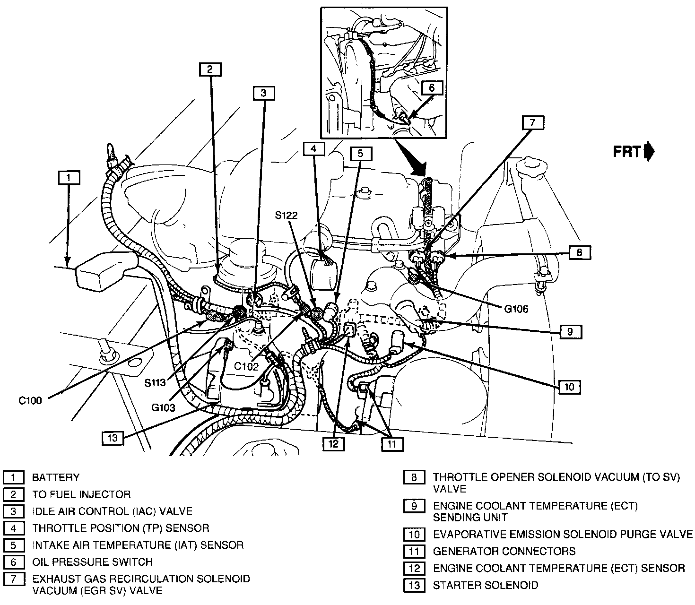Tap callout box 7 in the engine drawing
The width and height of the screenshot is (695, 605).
(533, 122)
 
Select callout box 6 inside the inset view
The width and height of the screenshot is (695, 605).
(431, 87)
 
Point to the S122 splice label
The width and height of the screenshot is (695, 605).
(287, 215)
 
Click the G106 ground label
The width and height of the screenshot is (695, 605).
(516, 310)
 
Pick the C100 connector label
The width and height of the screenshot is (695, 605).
(30, 401)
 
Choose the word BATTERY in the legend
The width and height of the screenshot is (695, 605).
(56, 477)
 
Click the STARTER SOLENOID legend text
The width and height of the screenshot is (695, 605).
(486, 585)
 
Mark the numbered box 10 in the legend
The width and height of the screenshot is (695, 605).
(414, 535)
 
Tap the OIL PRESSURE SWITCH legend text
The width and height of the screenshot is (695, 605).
(93, 562)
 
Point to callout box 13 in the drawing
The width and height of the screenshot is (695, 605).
(113, 438)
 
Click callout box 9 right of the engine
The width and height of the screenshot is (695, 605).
(570, 332)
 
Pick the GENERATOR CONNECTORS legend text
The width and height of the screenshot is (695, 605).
(504, 551)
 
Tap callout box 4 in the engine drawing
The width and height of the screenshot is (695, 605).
(314, 149)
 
